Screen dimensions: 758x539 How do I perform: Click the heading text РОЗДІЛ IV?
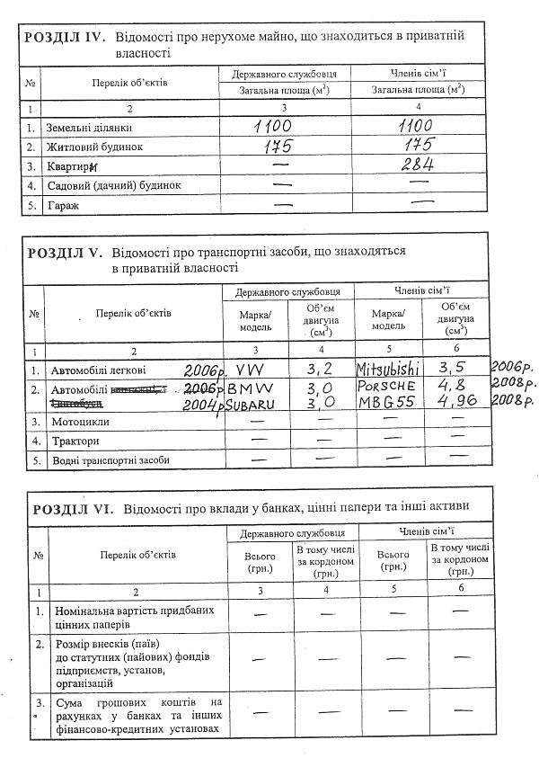(x=65, y=40)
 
